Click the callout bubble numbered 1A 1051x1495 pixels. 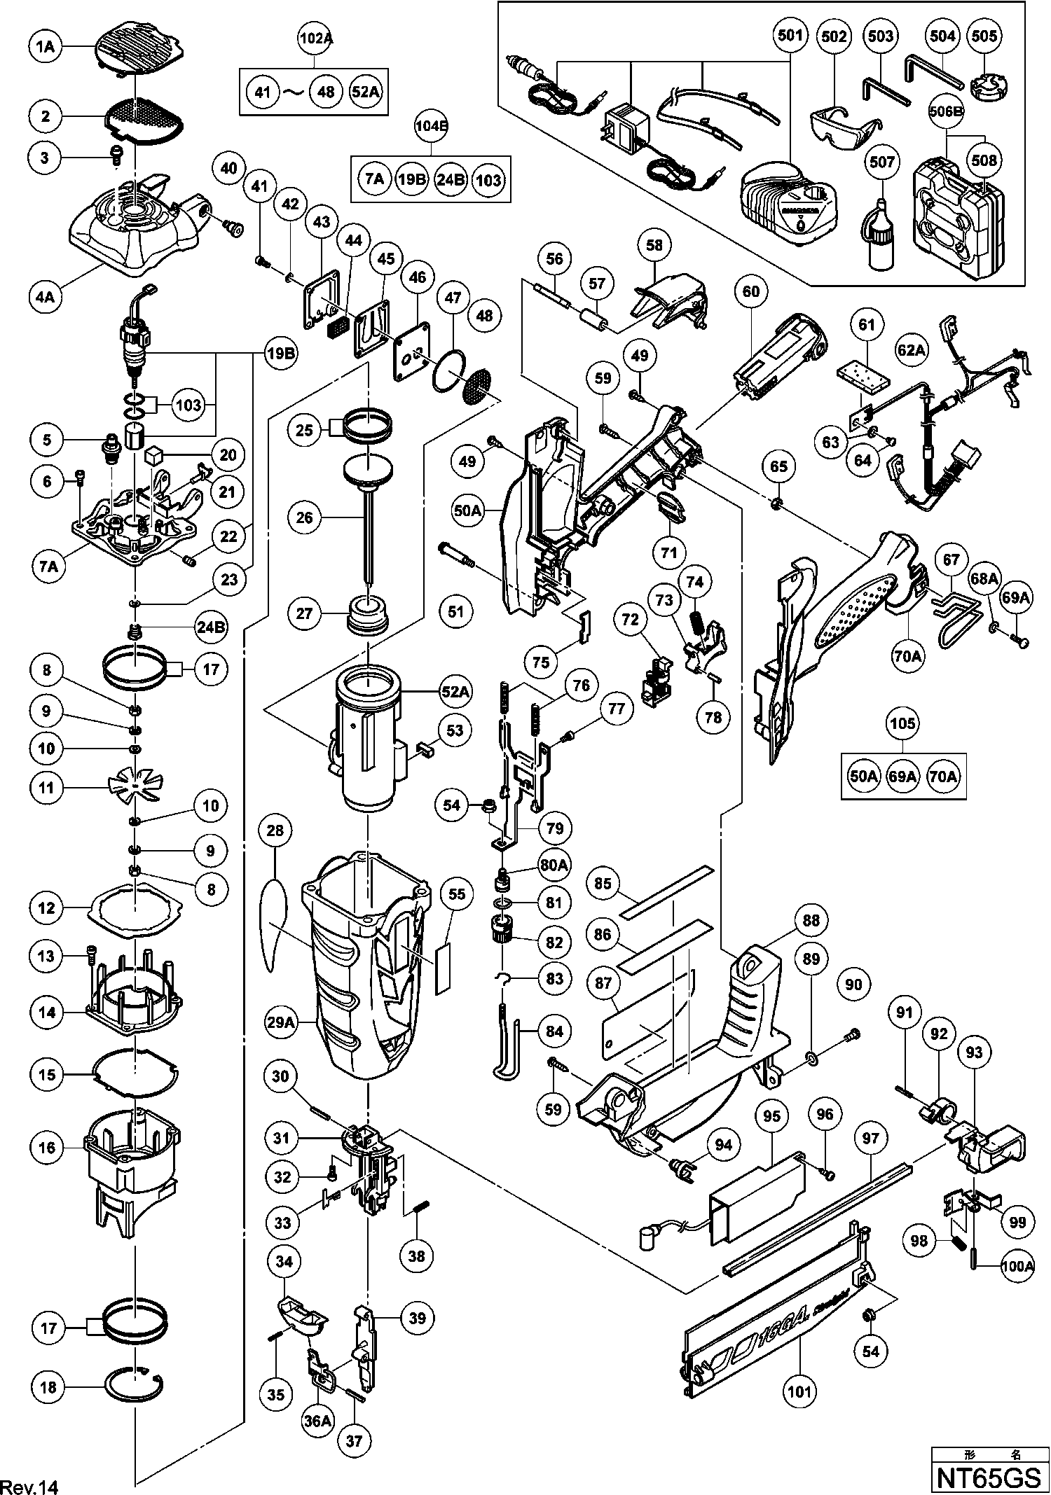pyautogui.click(x=46, y=47)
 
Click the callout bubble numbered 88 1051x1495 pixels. pyautogui.click(x=811, y=920)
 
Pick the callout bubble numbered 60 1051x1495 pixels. pyautogui.click(x=750, y=291)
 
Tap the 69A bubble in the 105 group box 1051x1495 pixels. pyautogui.click(x=902, y=777)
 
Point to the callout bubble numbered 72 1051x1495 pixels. pyautogui.click(x=630, y=619)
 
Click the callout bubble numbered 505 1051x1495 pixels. pyautogui.click(x=984, y=36)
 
